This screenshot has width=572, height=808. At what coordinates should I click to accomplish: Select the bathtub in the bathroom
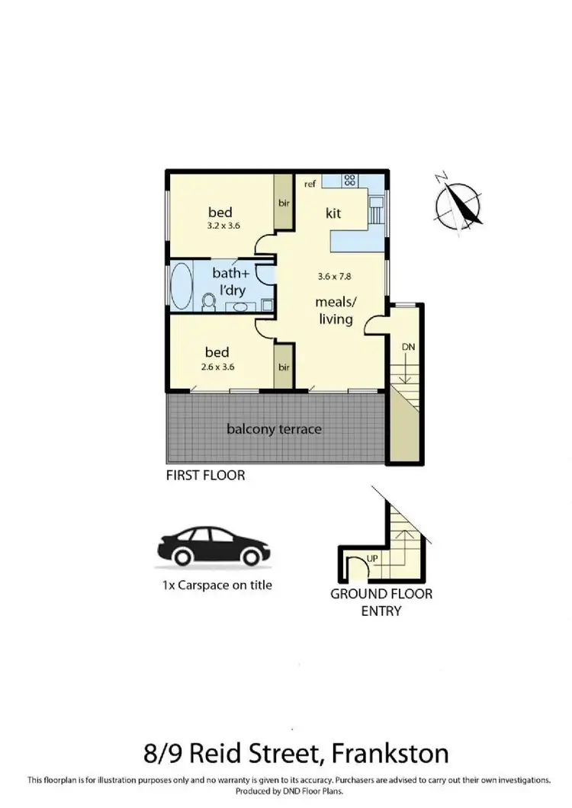(182, 286)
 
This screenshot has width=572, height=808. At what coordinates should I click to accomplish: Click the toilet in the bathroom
(209, 303)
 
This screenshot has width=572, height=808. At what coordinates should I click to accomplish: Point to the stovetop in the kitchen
(350, 181)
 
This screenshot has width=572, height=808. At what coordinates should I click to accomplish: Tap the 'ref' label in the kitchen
(310, 184)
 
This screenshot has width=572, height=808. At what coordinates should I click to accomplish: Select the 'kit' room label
(333, 213)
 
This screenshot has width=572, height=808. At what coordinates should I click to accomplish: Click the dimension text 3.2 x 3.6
(223, 226)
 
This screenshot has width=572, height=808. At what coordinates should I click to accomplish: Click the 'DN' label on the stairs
(408, 347)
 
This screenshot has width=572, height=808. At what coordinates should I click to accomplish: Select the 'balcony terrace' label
(274, 429)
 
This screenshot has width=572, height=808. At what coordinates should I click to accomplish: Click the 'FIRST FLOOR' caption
(205, 476)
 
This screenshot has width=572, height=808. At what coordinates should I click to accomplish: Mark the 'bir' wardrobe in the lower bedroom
(284, 367)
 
